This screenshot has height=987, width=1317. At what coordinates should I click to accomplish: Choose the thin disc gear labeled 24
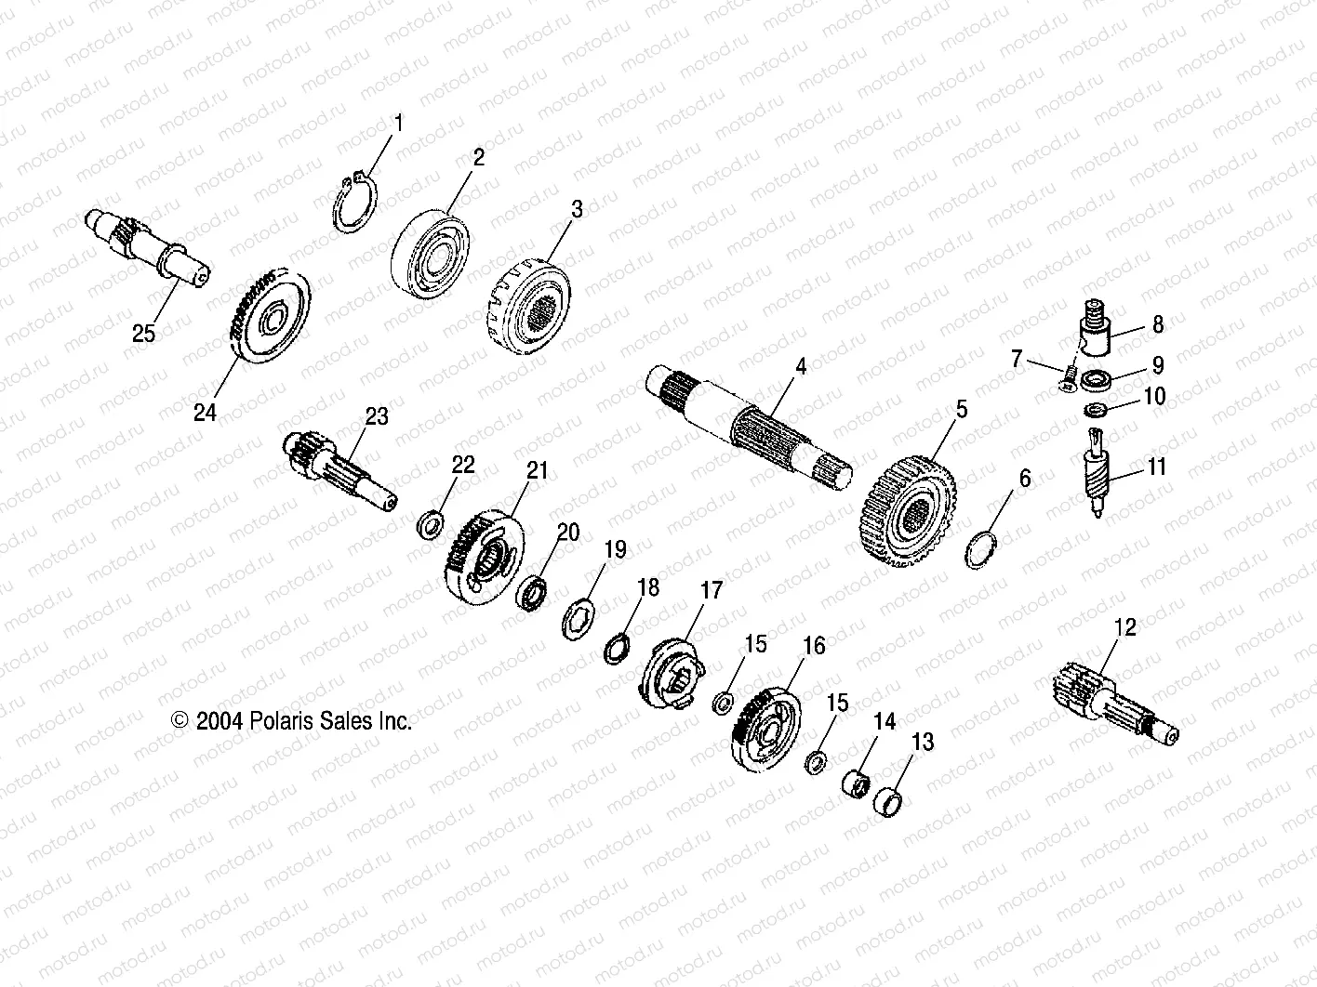pos(268,319)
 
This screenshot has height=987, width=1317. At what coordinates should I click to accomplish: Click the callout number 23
pos(376,417)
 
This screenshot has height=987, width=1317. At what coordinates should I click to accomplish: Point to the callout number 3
pos(577,209)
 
